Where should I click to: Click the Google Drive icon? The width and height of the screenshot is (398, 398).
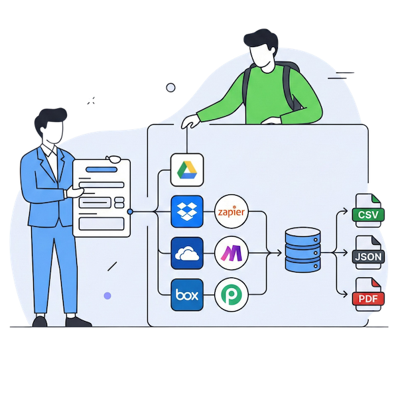186,170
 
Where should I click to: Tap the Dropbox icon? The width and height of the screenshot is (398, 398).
186,212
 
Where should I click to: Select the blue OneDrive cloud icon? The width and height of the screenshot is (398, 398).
186,253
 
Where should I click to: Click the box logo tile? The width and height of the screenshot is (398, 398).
186,294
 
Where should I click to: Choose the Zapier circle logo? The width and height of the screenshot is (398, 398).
232,212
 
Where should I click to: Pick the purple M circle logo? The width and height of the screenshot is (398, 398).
232,253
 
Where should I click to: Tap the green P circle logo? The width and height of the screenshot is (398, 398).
232,295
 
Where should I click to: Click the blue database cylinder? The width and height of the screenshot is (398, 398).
302,251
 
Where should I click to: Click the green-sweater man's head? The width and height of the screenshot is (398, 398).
261,50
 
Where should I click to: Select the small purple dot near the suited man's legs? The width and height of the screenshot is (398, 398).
107,295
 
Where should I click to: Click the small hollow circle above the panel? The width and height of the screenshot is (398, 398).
170,87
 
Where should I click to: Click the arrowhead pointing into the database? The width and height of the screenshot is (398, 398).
279,253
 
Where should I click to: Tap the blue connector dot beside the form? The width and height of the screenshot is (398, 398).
130,212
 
